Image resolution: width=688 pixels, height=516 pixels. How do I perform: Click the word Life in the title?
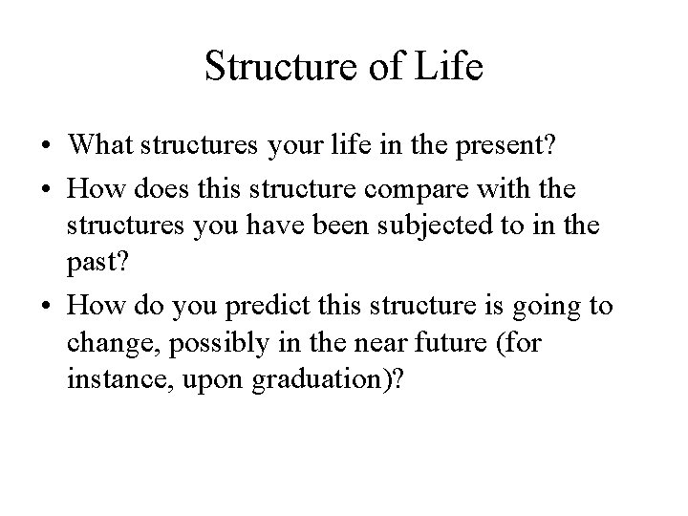(450, 68)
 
